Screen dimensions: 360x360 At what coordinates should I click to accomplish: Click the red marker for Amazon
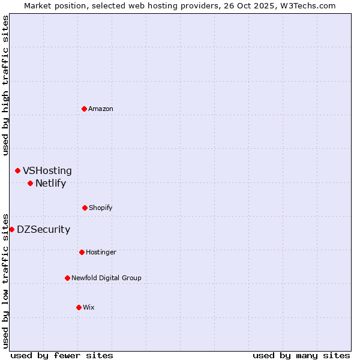[x=85, y=109]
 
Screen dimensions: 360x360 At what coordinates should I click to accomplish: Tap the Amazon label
[x=101, y=109]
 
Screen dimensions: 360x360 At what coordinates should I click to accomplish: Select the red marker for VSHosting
[x=17, y=171]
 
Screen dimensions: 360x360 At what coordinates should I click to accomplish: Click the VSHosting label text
[x=47, y=171]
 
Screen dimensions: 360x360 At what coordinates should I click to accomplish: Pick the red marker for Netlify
[x=30, y=183]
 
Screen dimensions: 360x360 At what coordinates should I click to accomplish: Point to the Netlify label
[x=50, y=184]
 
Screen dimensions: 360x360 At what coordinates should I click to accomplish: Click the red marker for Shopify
[x=85, y=208]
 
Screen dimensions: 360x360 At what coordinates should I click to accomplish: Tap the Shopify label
[x=101, y=208]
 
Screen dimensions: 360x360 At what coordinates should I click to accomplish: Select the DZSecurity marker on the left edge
[x=11, y=229]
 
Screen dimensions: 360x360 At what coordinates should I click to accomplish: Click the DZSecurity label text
[x=43, y=229]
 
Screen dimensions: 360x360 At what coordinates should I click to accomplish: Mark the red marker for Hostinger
[x=82, y=252]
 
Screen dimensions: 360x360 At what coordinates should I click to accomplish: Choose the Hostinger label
[x=101, y=252]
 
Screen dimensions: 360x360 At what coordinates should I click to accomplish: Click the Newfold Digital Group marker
[x=67, y=278]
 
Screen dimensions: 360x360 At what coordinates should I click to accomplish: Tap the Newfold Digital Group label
[x=106, y=278]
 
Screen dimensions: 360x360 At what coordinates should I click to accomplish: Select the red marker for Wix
[x=79, y=307]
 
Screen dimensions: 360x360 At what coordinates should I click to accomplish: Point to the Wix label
[x=89, y=307]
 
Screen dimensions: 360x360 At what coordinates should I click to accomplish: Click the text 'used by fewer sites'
[x=62, y=355]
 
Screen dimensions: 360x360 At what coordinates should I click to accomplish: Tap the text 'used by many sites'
[x=301, y=355]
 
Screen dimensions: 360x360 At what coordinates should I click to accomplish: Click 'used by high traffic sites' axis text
[x=5, y=85]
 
